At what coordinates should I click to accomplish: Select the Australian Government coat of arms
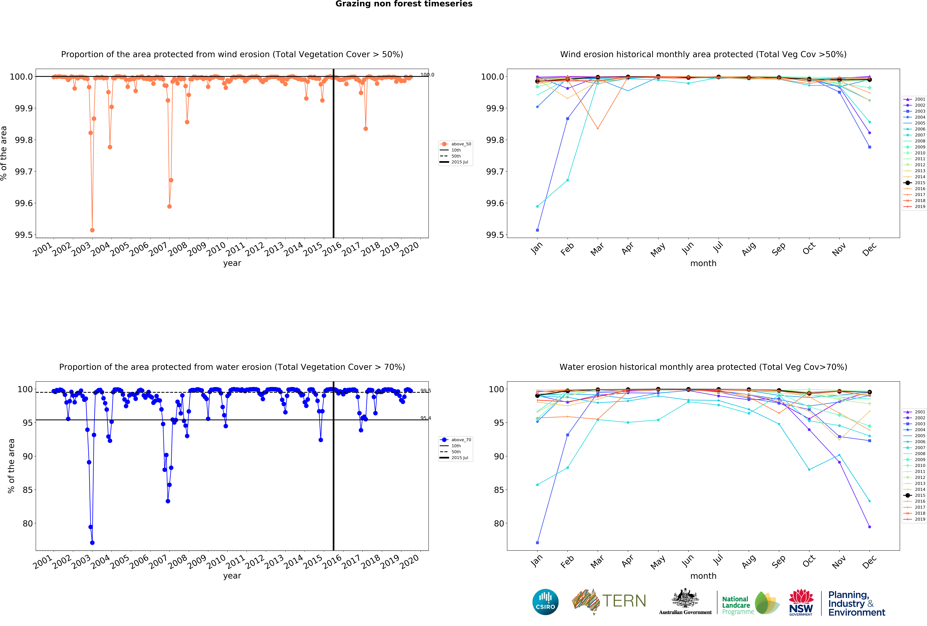point(685,598)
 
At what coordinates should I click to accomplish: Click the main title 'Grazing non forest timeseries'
point(404,4)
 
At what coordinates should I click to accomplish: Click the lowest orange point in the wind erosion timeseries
point(92,230)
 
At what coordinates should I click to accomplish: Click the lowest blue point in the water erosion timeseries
point(92,543)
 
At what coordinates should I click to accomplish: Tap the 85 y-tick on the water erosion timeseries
point(28,490)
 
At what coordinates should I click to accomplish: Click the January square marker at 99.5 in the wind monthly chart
point(537,230)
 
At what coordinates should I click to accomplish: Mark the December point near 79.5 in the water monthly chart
point(870,527)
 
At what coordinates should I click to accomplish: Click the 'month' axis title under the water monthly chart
point(703,576)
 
